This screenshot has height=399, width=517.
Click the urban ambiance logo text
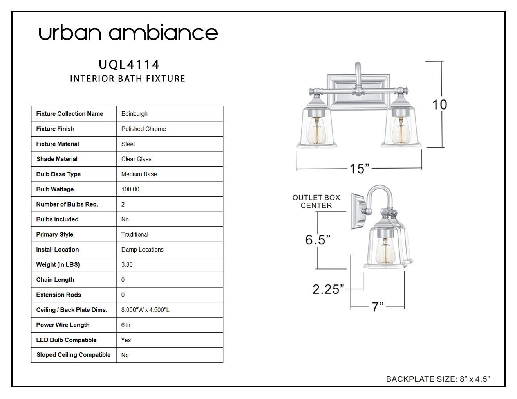(x=128, y=33)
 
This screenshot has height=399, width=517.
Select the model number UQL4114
(x=129, y=65)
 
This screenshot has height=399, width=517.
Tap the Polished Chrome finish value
(x=143, y=129)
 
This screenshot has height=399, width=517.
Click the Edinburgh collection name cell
(x=134, y=114)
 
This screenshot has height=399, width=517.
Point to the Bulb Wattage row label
(x=55, y=189)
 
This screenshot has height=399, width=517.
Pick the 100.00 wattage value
(x=130, y=189)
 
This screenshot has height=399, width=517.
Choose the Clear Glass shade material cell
(x=136, y=159)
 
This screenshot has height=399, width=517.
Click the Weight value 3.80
(x=127, y=265)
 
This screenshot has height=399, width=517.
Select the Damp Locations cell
(x=142, y=250)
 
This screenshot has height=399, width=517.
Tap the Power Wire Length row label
(x=63, y=325)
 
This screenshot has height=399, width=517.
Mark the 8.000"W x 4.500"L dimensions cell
(x=145, y=310)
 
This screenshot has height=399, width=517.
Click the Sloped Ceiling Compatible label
(x=73, y=355)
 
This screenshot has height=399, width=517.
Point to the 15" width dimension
(x=359, y=169)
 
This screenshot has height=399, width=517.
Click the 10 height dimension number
(x=439, y=104)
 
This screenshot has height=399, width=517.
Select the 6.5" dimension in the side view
(x=318, y=240)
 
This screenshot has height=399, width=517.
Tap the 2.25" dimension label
(x=328, y=289)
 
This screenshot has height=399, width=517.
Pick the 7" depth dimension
(x=378, y=307)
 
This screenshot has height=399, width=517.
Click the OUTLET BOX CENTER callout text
(x=316, y=201)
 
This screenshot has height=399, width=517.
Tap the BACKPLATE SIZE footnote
(x=438, y=379)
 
